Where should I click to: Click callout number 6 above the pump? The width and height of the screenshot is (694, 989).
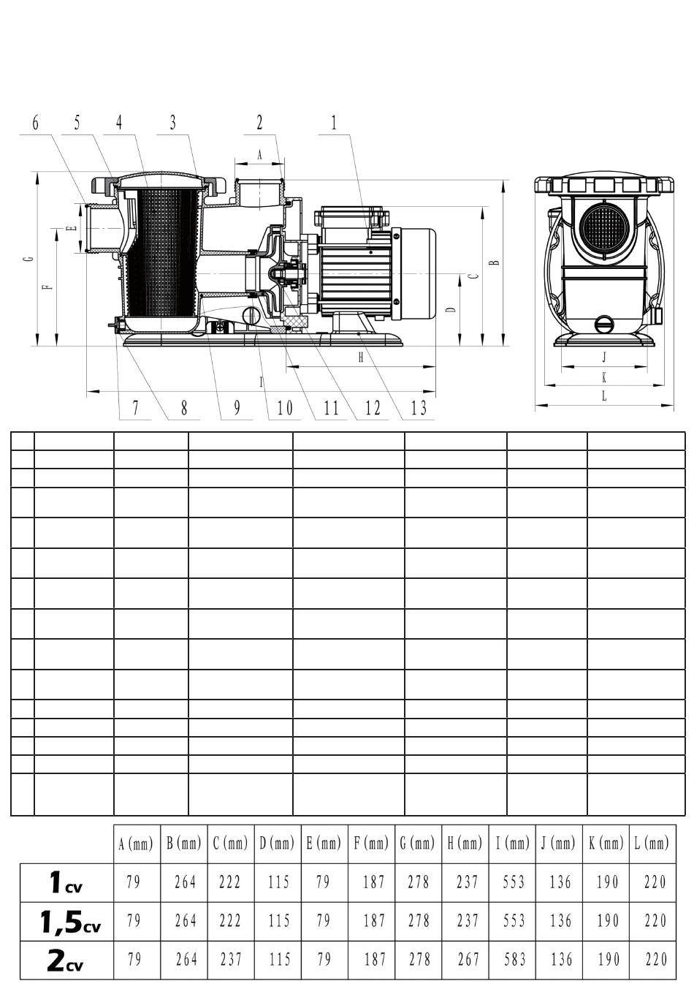(x=36, y=124)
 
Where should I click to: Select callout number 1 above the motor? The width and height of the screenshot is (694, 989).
(x=334, y=123)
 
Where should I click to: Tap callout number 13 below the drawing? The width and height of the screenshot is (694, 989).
(x=419, y=408)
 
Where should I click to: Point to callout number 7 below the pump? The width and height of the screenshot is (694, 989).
(x=135, y=408)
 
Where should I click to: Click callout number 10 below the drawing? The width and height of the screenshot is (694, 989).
(x=285, y=408)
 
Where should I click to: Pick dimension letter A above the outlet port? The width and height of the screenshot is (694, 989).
(x=260, y=154)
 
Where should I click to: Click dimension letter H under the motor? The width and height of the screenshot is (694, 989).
(x=360, y=357)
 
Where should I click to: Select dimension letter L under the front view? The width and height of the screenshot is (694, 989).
(x=604, y=396)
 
